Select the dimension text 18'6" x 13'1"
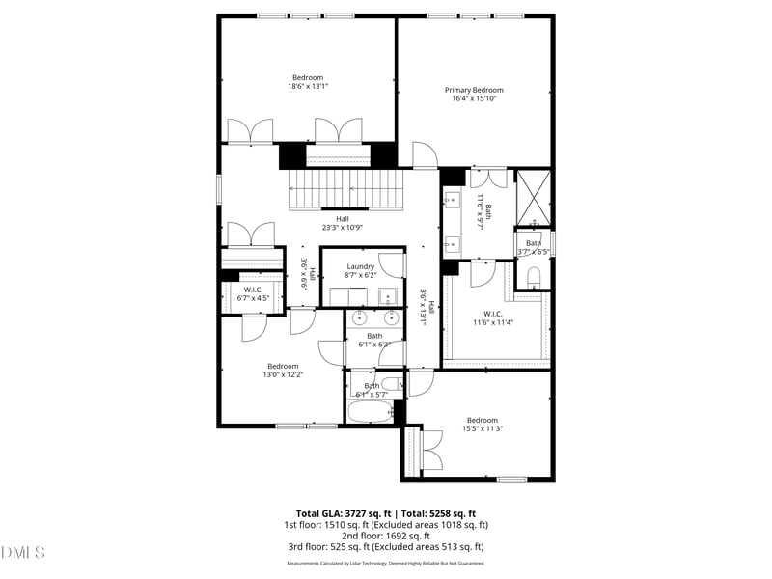308,86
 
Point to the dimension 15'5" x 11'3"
482,428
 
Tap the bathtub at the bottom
368,415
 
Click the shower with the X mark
533,197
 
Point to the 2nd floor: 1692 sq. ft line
385,536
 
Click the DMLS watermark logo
23,553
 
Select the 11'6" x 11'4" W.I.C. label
493,317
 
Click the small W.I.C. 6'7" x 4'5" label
253,294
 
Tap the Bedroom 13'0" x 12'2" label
283,370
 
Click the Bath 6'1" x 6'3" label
373,340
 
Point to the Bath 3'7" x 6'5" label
533,247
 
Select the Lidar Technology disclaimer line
385,563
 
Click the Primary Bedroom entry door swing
425,154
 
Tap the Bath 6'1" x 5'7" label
372,390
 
